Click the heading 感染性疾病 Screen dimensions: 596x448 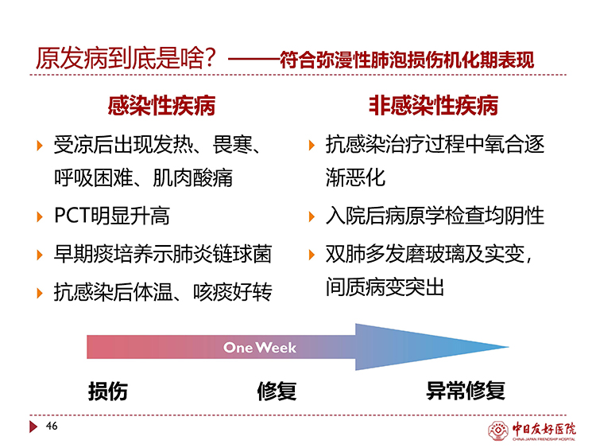click(x=161, y=105)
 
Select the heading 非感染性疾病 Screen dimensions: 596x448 click(x=433, y=105)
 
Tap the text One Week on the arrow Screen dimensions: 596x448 click(x=260, y=347)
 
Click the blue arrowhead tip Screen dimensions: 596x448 click(x=509, y=347)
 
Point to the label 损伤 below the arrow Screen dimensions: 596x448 click(x=107, y=391)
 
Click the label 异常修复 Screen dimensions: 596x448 click(x=465, y=391)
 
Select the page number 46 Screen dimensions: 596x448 click(x=52, y=426)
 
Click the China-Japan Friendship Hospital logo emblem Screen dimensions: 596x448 click(x=498, y=430)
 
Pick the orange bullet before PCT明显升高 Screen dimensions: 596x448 click(x=40, y=216)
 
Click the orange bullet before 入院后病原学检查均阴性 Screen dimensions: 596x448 click(x=312, y=216)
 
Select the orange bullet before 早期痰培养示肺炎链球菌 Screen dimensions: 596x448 click(x=40, y=255)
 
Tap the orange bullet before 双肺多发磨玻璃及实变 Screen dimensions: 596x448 click(x=312, y=255)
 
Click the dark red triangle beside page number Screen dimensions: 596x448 click(x=33, y=427)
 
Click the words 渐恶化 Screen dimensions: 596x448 click(x=355, y=177)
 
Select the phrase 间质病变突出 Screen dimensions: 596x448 click(x=385, y=287)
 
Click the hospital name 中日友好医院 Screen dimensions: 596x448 click(x=544, y=429)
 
